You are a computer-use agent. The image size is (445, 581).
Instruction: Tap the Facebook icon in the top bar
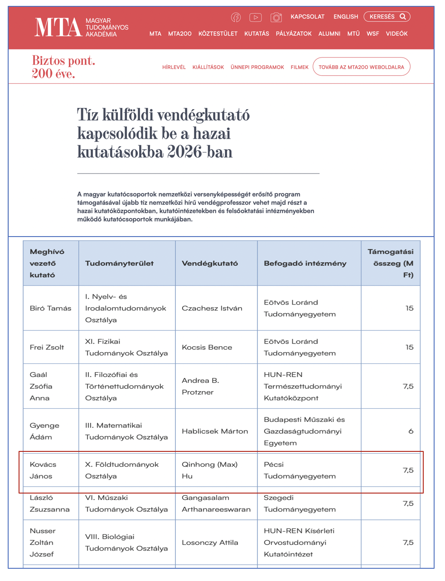pyautogui.click(x=236, y=17)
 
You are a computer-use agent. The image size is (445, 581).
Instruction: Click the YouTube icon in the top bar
pyautogui.click(x=256, y=17)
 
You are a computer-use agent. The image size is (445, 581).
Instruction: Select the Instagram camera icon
pyautogui.click(x=276, y=17)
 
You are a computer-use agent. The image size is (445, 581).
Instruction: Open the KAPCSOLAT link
pyautogui.click(x=308, y=17)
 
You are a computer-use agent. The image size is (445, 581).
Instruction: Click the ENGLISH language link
pyautogui.click(x=346, y=17)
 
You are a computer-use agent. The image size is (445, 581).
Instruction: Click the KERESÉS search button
pyautogui.click(x=387, y=17)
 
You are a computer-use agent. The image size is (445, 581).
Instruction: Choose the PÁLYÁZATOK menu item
pyautogui.click(x=294, y=34)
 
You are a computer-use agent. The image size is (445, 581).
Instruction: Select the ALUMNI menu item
pyautogui.click(x=329, y=34)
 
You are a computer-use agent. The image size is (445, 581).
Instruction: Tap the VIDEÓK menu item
pyautogui.click(x=397, y=34)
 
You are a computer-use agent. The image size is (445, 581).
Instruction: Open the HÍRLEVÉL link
pyautogui.click(x=174, y=67)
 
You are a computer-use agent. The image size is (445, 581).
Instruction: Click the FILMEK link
pyautogui.click(x=300, y=67)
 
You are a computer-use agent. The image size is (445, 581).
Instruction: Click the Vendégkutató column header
pyautogui.click(x=210, y=263)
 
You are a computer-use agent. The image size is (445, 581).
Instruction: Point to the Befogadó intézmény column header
pyautogui.click(x=305, y=263)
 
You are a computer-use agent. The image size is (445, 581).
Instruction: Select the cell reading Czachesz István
pyautogui.click(x=212, y=308)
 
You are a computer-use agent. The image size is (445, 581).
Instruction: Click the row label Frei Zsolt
pyautogui.click(x=47, y=347)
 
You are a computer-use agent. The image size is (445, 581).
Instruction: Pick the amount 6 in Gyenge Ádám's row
pyautogui.click(x=411, y=431)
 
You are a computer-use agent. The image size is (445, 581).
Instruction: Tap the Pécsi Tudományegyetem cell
pyautogui.click(x=300, y=470)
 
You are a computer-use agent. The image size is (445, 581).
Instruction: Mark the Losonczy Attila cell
pyautogui.click(x=210, y=542)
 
